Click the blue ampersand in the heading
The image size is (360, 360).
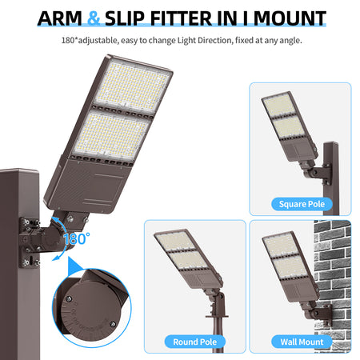[94, 18]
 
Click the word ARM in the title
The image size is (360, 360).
[60, 18]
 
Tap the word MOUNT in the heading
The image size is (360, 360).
[290, 18]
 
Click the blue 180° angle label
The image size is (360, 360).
[77, 238]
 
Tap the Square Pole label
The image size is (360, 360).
[302, 204]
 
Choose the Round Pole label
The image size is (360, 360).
[195, 342]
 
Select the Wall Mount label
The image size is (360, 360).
[302, 342]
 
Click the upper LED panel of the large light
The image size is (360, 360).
[133, 85]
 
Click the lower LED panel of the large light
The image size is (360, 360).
[111, 136]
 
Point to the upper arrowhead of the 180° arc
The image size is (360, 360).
[54, 220]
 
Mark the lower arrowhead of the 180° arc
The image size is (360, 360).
[56, 258]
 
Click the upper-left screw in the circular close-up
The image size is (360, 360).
[68, 298]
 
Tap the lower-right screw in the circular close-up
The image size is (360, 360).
[113, 324]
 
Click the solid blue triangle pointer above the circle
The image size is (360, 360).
[74, 266]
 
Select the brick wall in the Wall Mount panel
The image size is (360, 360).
[333, 286]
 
